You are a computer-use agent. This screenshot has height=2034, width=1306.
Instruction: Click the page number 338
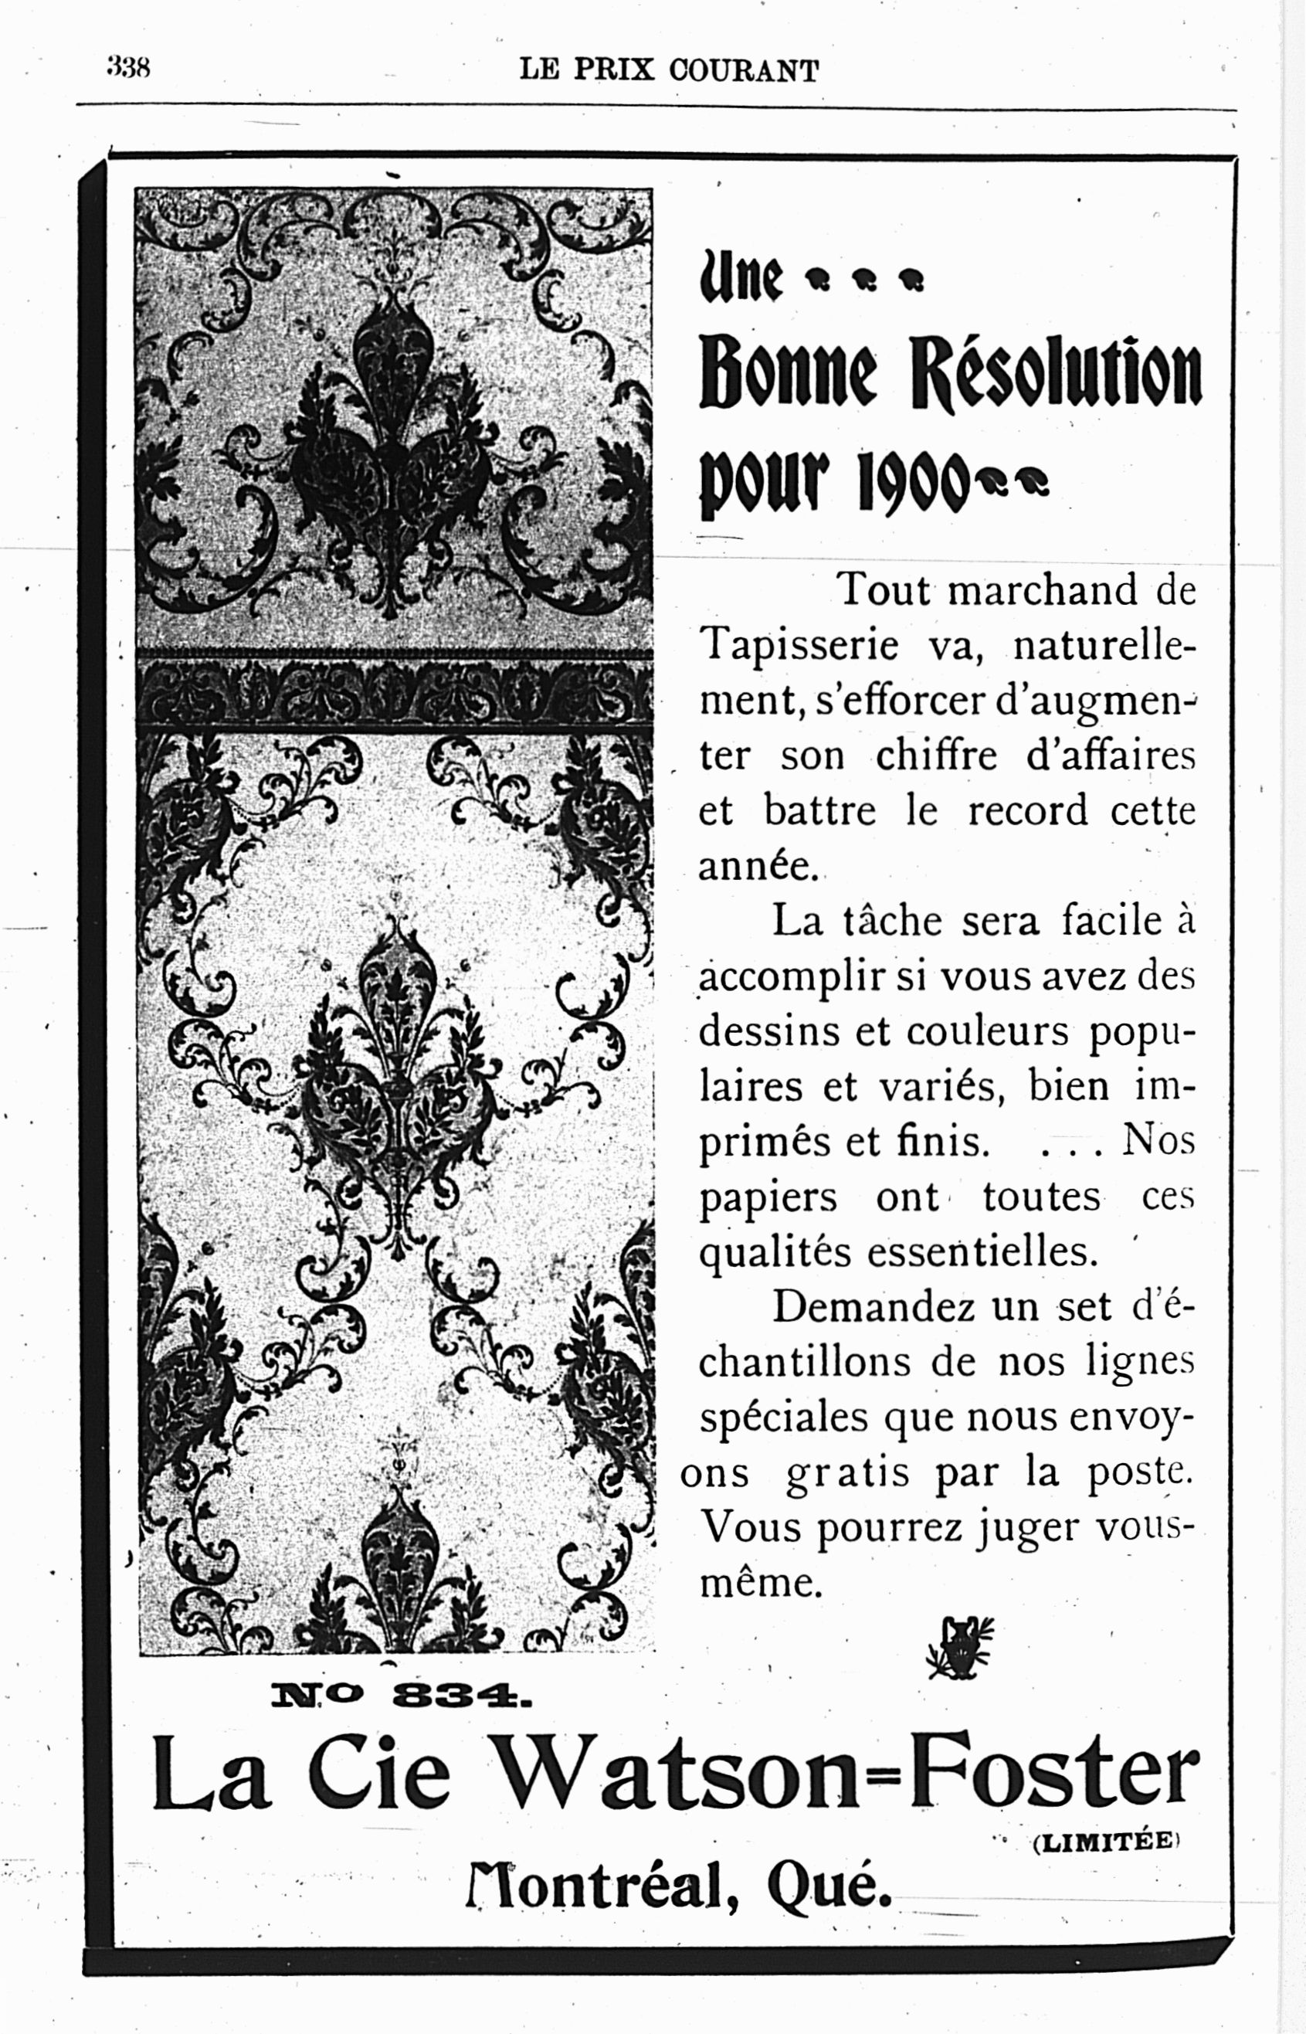(x=128, y=67)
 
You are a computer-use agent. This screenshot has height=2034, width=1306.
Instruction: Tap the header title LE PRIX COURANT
(x=669, y=70)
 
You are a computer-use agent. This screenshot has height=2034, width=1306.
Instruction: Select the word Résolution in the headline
(x=1057, y=374)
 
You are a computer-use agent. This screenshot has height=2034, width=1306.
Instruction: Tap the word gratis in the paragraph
(x=847, y=1473)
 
